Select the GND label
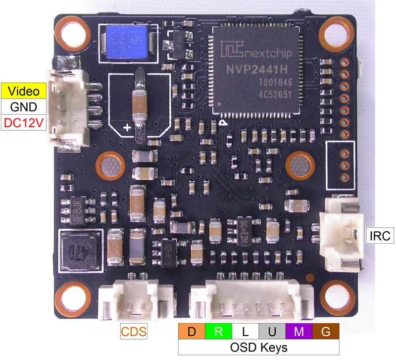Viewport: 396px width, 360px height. point(24,106)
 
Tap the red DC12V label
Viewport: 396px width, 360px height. point(24,122)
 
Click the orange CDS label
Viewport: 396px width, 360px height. point(134,331)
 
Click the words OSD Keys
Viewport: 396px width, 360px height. point(258,347)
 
